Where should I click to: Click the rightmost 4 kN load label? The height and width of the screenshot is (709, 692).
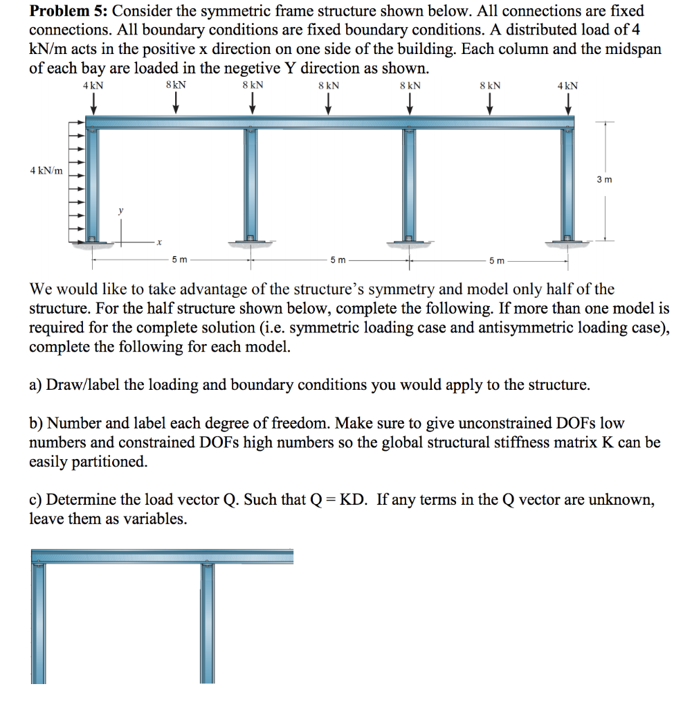coord(567,86)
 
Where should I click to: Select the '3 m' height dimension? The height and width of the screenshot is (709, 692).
coord(604,180)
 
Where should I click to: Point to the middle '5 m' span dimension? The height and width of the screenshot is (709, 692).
coord(338,260)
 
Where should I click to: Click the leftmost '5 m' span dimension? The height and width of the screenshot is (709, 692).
coord(179,260)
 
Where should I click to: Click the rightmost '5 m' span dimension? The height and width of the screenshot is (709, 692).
coord(496,260)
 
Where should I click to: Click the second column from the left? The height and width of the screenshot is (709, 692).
coord(251,183)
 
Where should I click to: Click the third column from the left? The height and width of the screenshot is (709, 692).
coord(408,183)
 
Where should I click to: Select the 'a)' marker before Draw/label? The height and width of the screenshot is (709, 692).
coord(36,385)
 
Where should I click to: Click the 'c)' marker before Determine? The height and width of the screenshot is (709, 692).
coord(36,500)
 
